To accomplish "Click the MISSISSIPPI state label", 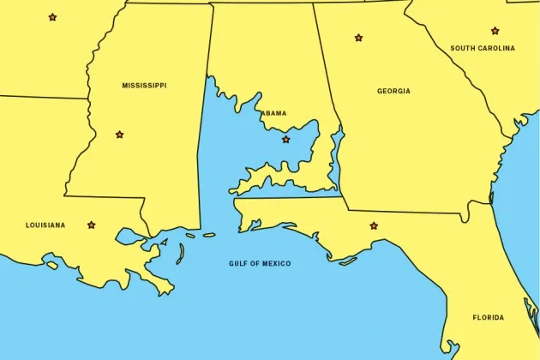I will (x=144, y=86).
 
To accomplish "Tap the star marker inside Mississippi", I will (x=119, y=135).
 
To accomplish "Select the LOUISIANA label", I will (x=45, y=225).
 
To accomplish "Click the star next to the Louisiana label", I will (x=92, y=225).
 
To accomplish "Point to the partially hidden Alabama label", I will (x=273, y=113).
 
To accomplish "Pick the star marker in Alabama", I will (x=285, y=140).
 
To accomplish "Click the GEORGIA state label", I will (x=393, y=91).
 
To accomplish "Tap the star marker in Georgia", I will (x=358, y=38).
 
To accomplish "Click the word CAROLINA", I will (x=498, y=49).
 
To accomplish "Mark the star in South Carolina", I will (x=495, y=31).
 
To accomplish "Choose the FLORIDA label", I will (x=488, y=318).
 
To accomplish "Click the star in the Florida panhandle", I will (x=373, y=226).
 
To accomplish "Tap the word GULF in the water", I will (x=237, y=263).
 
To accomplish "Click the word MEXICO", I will (x=276, y=263).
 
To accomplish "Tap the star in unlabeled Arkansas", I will (x=52, y=17).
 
